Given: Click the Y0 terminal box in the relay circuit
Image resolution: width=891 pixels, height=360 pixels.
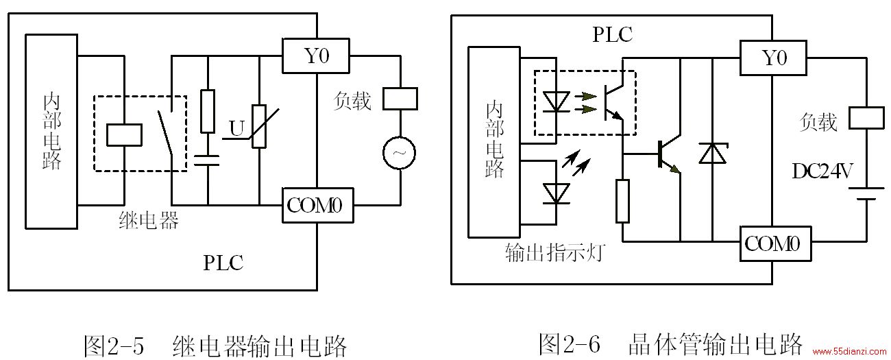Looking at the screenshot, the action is coord(316,56).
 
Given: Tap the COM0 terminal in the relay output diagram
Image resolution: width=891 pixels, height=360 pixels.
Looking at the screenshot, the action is coord(318,205).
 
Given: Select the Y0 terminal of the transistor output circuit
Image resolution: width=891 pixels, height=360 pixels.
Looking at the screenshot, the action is coord(773,58).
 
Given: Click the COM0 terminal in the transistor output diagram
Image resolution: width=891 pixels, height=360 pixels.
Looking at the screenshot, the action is coord(776,243).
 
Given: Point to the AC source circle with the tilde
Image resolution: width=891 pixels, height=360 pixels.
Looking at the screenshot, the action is coord(399,153).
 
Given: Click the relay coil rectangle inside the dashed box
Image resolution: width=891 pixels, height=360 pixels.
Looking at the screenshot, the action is coord(124,135).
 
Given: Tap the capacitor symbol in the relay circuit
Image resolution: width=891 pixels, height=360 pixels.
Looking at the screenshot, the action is coord(207,160).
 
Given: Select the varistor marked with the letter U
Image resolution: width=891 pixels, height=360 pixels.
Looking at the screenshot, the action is coord(259,126).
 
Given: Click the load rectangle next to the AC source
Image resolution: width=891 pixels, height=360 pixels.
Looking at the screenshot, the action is coord(400,99).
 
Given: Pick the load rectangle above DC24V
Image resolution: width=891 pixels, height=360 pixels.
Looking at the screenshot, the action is coord(867,118).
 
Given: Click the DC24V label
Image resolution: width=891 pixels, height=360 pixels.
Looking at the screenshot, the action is coord(822,171).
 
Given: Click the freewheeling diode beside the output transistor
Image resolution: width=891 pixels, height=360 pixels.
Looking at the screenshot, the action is coord(712,153).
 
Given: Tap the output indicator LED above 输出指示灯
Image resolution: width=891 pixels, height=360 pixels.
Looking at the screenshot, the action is coord(556,194).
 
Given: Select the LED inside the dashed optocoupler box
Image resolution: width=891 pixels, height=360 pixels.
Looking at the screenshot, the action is coord(556,102).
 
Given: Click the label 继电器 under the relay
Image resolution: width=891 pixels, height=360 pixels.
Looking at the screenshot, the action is coord(149,220).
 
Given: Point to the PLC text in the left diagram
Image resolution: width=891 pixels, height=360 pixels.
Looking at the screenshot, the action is coord(223,263).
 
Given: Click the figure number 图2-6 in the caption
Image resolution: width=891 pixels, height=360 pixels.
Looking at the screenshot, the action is coord(569,344).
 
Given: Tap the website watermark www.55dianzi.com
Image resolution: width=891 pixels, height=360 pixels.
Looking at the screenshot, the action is coord(849,351).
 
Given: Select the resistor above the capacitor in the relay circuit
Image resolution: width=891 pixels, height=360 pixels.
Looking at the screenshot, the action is coord(208,111).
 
